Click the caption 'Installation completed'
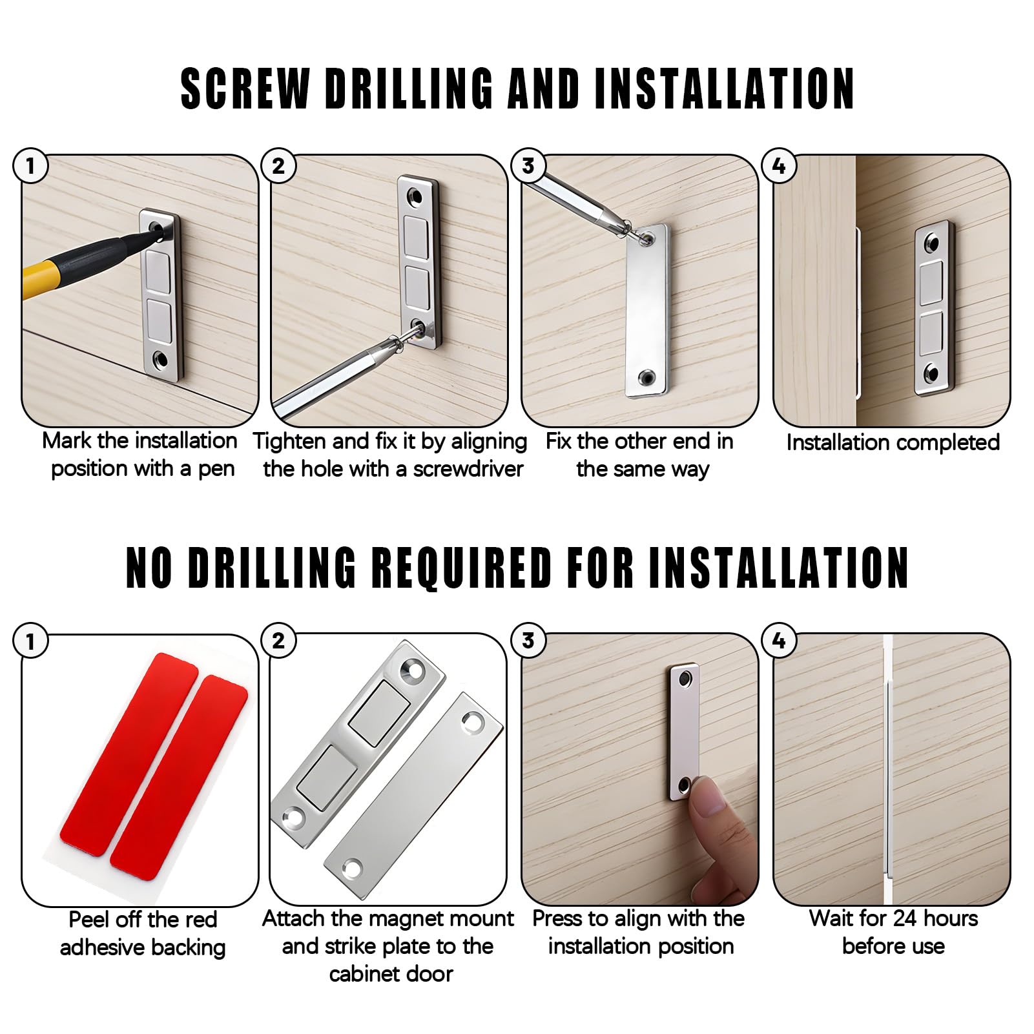[x=893, y=442]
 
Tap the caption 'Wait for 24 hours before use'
[x=893, y=933]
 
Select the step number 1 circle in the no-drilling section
[x=30, y=641]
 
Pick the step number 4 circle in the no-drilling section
[x=779, y=641]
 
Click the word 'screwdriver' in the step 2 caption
[x=468, y=469]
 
